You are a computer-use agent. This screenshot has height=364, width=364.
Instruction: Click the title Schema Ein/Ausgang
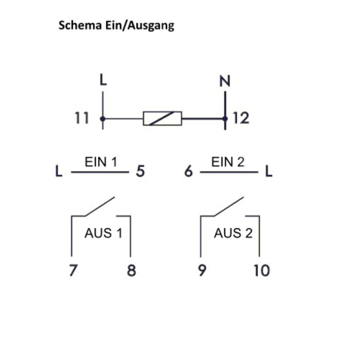click(116, 26)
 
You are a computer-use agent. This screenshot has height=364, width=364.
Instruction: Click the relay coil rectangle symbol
click(162, 118)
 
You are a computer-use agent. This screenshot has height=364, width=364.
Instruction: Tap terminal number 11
click(82, 118)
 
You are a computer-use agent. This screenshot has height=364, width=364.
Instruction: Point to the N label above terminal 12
click(225, 82)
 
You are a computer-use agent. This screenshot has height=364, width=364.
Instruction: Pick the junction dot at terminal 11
click(103, 118)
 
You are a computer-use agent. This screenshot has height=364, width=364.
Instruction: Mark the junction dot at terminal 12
click(225, 118)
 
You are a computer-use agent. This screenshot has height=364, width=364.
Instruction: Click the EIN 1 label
click(101, 162)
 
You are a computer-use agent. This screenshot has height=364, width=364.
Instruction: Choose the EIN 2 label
click(228, 162)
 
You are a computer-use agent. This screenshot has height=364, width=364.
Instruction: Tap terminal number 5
click(140, 171)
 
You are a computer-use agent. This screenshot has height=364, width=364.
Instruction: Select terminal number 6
click(188, 171)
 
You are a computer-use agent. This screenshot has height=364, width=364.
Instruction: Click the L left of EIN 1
click(59, 171)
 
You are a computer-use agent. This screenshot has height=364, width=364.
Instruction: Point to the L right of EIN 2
click(269, 171)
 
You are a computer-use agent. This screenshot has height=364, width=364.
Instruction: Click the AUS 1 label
click(103, 233)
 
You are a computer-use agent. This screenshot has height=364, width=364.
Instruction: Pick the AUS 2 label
click(233, 233)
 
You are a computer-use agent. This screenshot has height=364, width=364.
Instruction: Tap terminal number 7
click(74, 271)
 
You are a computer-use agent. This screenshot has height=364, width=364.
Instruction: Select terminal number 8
click(131, 271)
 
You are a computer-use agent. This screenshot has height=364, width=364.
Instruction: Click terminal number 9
click(202, 271)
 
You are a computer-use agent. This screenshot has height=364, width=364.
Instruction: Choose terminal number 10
click(262, 271)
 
